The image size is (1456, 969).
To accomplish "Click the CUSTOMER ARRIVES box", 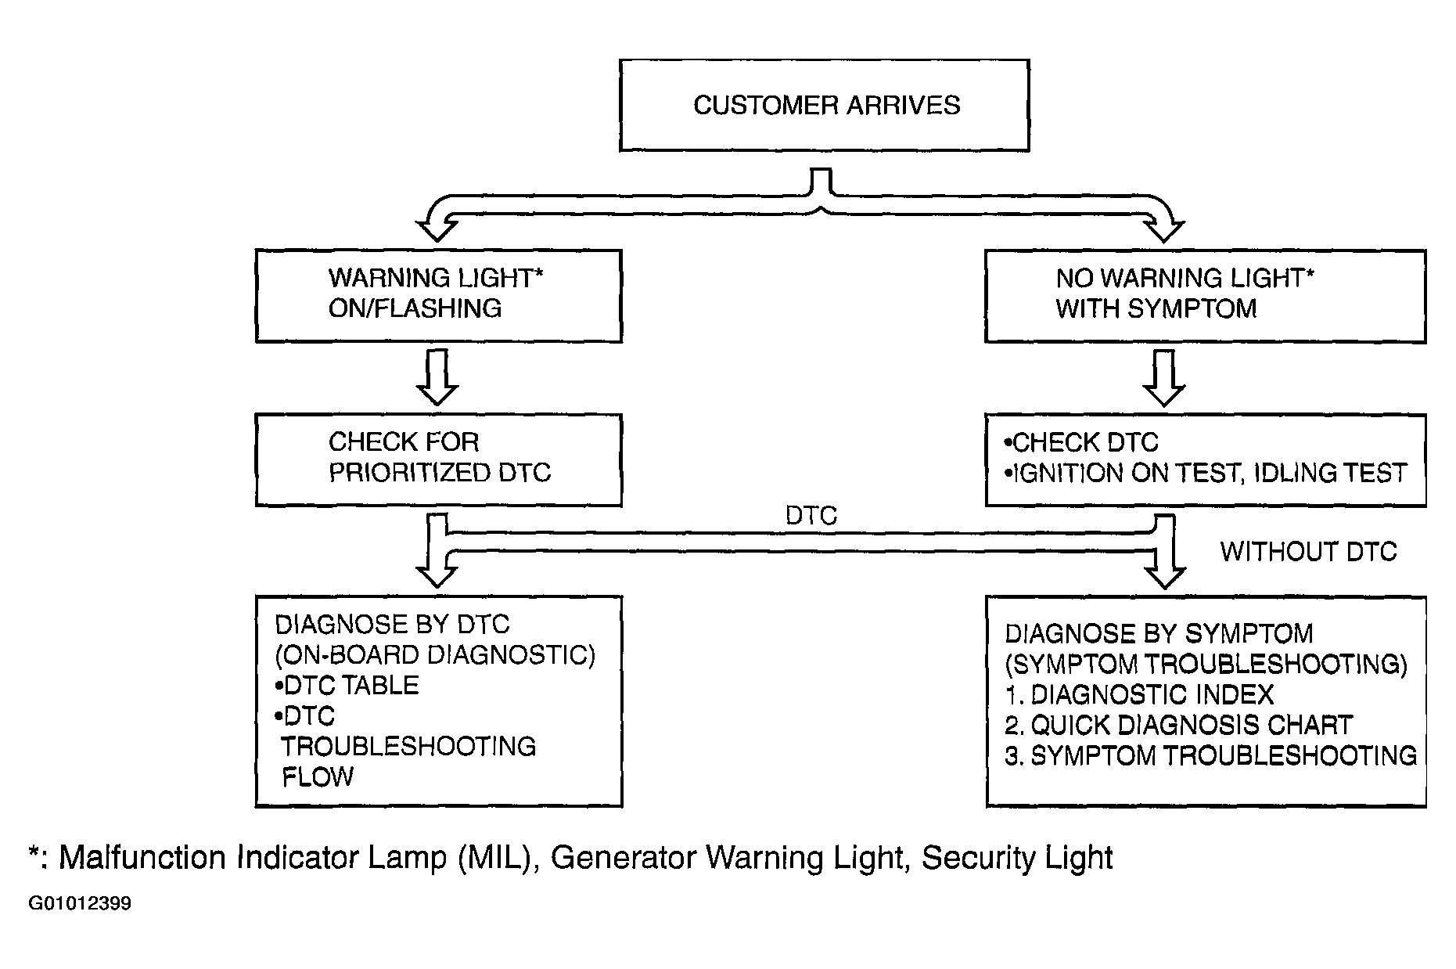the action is click(824, 105).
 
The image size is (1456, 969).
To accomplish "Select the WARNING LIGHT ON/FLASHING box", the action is click(438, 296).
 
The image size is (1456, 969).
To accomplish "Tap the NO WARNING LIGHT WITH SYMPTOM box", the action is click(1205, 296).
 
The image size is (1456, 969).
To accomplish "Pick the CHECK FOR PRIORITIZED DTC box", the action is click(438, 460).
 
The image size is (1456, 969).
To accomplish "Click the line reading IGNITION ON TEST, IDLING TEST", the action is click(1205, 473).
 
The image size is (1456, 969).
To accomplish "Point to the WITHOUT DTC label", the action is click(1308, 552).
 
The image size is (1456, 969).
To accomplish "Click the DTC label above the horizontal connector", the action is click(811, 515).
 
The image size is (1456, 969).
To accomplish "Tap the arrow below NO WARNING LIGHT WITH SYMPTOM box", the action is click(1164, 378).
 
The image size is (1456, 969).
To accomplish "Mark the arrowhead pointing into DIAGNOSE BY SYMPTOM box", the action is click(1164, 575).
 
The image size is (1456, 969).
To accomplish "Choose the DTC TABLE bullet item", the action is click(347, 686).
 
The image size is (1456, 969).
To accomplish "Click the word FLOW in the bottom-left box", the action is click(318, 777).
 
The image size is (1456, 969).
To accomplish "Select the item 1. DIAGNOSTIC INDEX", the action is click(1139, 694).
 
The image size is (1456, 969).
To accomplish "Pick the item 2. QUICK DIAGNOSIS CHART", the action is click(1179, 725).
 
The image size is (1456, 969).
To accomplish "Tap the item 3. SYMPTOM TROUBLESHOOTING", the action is click(1210, 755).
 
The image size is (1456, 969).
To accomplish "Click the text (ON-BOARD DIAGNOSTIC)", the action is click(435, 654).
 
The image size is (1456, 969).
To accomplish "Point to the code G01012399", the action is click(80, 904).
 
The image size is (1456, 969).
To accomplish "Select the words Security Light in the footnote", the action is click(1017, 858).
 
